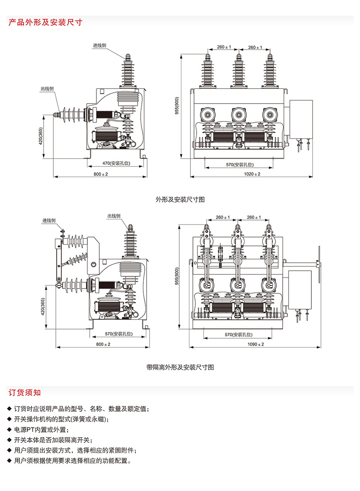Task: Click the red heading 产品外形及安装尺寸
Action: point(45,22)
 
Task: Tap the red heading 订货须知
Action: point(25,393)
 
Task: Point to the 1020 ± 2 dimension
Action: point(252,174)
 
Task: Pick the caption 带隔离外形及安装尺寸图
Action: point(180,367)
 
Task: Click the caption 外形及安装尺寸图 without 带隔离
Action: point(180,199)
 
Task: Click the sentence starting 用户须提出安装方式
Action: point(75,451)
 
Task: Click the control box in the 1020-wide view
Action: point(301,120)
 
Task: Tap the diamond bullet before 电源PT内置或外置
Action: point(9,430)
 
